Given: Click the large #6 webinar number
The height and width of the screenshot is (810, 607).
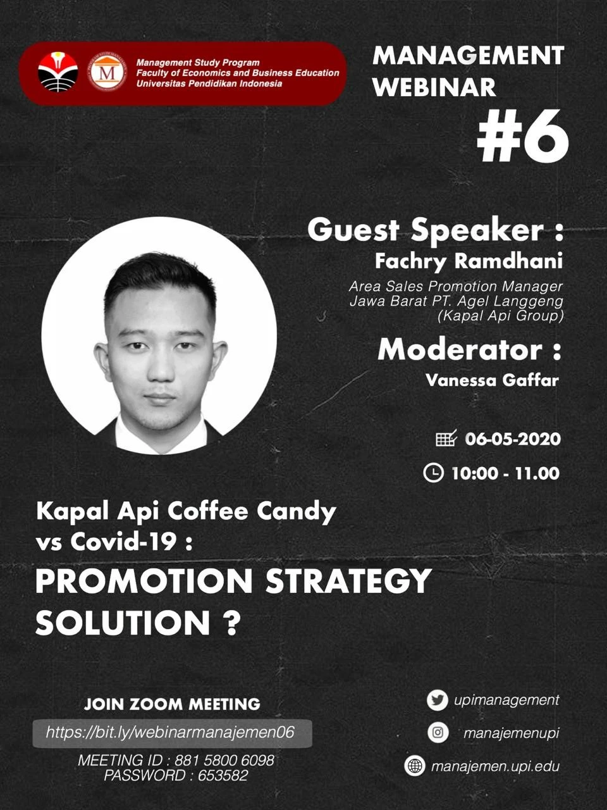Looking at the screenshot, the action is [x=522, y=136].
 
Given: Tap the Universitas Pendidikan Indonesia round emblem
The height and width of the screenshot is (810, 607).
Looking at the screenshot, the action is [x=58, y=72].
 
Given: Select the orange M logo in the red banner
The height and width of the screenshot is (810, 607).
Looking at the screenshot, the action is [x=107, y=73].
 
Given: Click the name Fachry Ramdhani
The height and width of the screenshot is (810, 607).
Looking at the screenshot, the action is [x=469, y=261].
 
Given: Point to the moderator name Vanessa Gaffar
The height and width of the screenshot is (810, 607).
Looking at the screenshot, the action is [x=492, y=380].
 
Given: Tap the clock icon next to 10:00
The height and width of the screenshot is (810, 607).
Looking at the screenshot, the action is [x=433, y=473].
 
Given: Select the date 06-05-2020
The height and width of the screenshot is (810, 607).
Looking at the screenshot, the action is [x=513, y=439].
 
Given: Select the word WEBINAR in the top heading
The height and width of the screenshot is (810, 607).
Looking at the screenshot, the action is [x=434, y=87].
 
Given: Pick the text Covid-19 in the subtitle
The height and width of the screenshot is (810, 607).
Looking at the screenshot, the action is [x=123, y=543].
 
